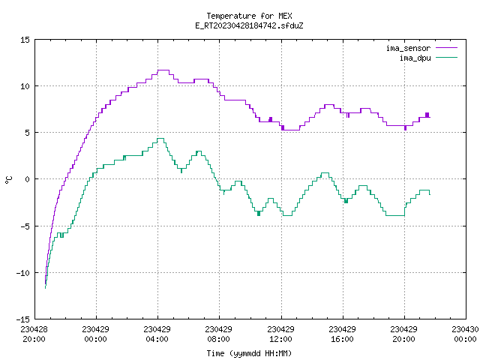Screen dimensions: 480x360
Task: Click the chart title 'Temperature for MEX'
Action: point(249,16)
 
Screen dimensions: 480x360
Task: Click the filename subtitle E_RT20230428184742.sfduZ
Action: point(249,25)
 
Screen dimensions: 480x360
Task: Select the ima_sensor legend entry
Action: point(421,48)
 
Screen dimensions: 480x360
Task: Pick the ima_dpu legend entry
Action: point(428,58)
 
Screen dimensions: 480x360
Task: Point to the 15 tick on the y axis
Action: point(25,40)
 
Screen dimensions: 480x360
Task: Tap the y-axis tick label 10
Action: point(25,86)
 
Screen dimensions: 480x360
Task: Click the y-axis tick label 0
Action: point(27,179)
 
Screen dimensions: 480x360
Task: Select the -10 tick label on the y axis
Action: point(23,273)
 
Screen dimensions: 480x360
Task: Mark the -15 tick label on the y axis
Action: point(23,319)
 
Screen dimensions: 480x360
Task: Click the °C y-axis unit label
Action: point(9,180)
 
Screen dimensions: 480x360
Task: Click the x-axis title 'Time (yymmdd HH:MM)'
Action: point(249,353)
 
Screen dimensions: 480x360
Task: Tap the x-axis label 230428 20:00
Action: point(34,334)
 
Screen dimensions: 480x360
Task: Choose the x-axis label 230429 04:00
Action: point(157,334)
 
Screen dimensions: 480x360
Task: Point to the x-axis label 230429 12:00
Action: point(280,334)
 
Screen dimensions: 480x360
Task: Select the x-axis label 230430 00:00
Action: point(465,334)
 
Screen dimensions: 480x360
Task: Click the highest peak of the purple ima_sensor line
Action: point(163,70)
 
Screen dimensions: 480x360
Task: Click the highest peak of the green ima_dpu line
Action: point(160,138)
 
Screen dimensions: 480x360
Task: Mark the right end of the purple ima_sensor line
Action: point(430,117)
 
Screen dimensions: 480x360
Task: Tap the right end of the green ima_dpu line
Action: point(430,195)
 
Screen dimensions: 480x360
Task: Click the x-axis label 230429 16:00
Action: point(342,334)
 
